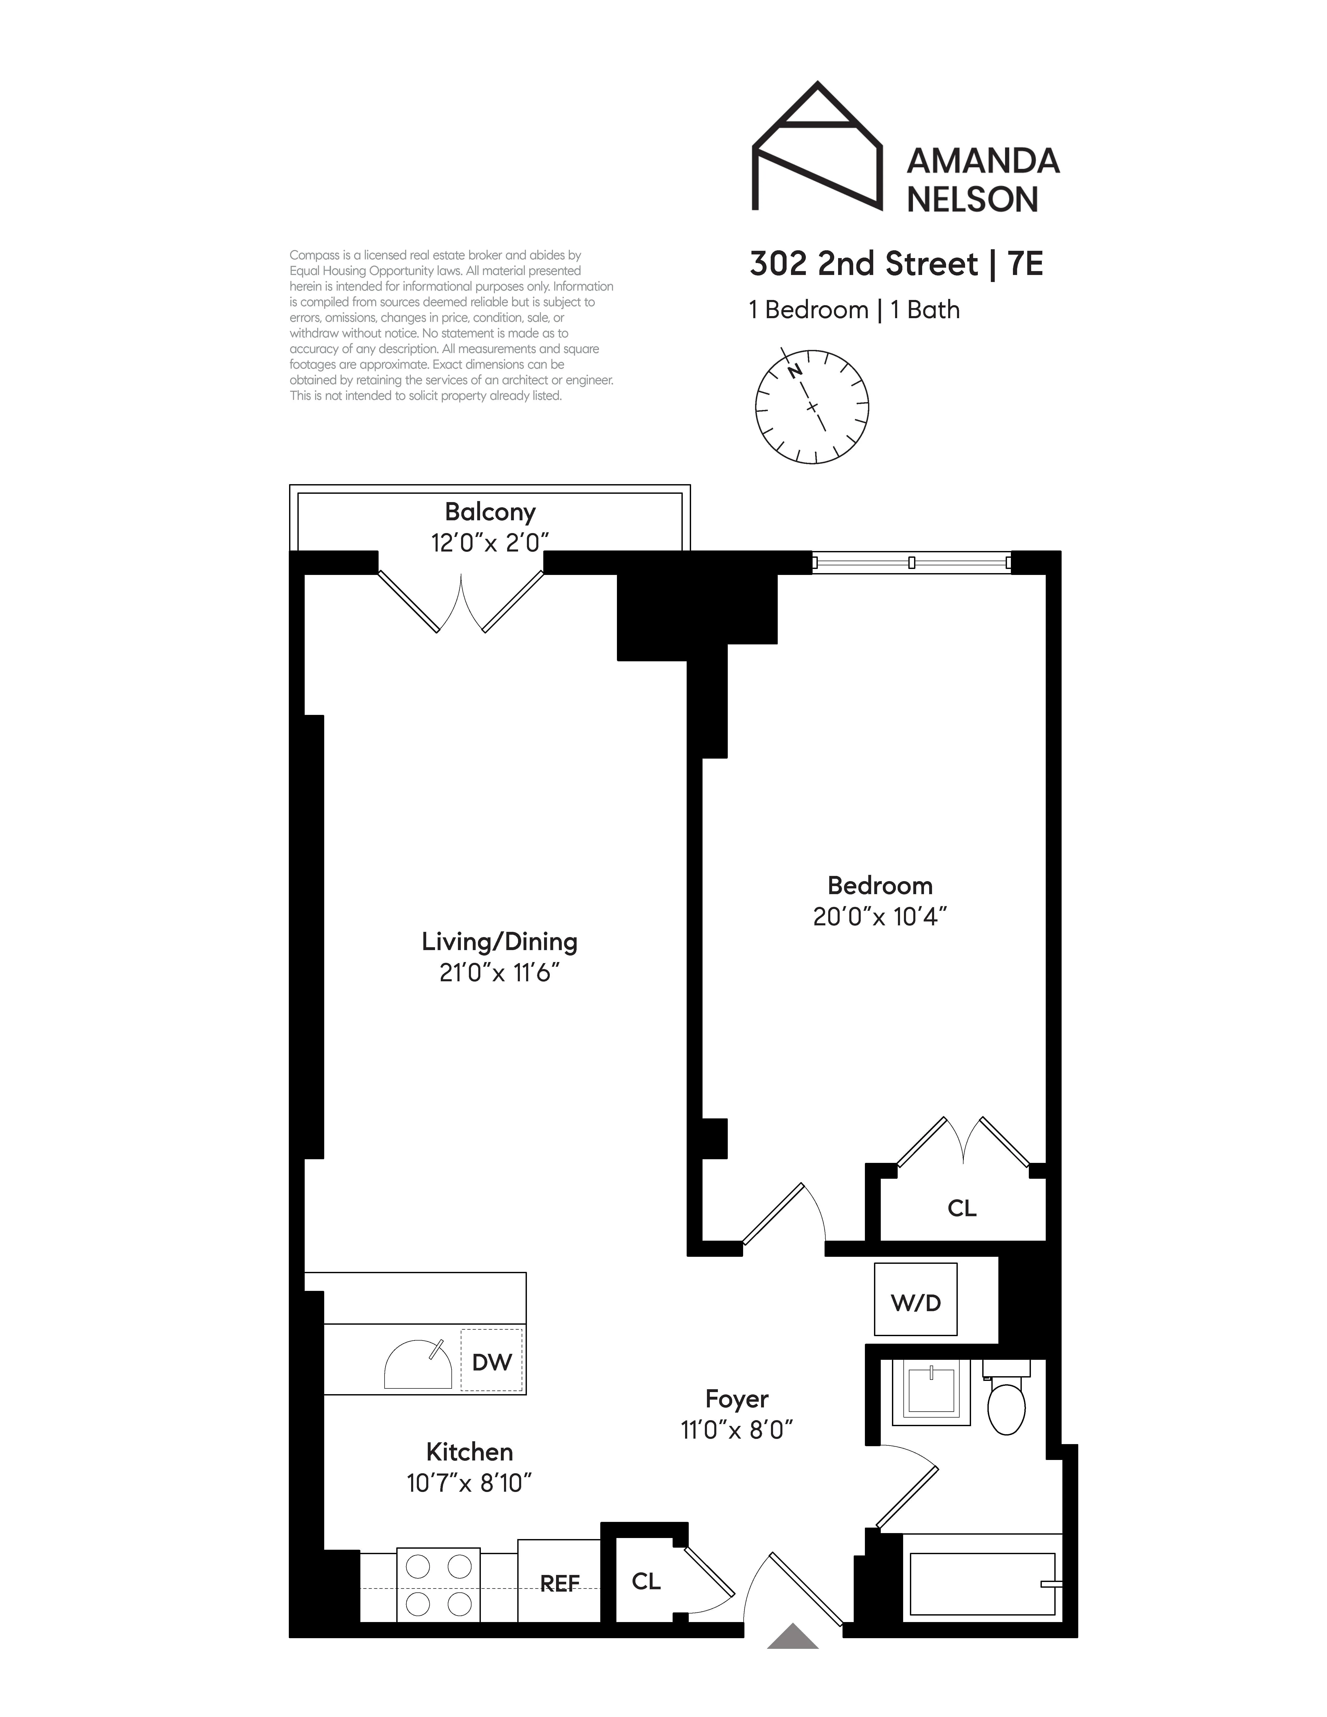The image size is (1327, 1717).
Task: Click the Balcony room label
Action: click(x=490, y=512)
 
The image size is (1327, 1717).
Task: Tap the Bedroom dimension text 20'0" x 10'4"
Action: click(x=880, y=917)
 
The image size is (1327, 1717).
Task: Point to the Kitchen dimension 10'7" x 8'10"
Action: click(x=469, y=1483)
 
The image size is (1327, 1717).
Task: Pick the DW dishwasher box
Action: click(x=491, y=1362)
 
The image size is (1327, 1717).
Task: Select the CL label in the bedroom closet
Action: click(x=961, y=1208)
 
